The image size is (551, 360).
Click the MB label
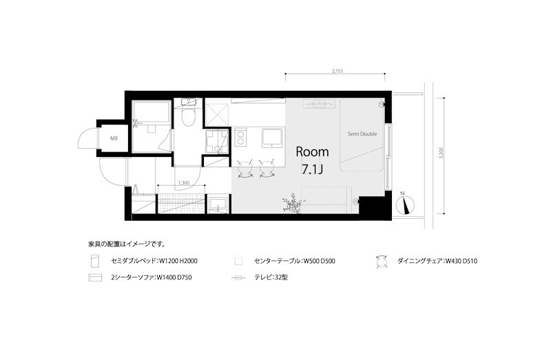coord(114,138)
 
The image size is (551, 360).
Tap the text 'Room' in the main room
coord(312,151)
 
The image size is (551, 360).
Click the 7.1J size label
coord(312,169)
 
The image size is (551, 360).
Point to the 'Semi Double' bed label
coord(362,134)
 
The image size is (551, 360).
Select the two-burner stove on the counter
coord(242,138)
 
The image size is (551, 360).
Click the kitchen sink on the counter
coord(271,138)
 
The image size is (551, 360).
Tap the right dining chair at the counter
coord(267,167)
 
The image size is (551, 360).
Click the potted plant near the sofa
coord(293,203)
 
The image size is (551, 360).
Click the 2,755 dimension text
coord(337,70)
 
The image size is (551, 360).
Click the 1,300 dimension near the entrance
coord(184,182)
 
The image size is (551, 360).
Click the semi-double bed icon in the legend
coord(96,261)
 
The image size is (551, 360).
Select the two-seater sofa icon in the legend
coord(96,279)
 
